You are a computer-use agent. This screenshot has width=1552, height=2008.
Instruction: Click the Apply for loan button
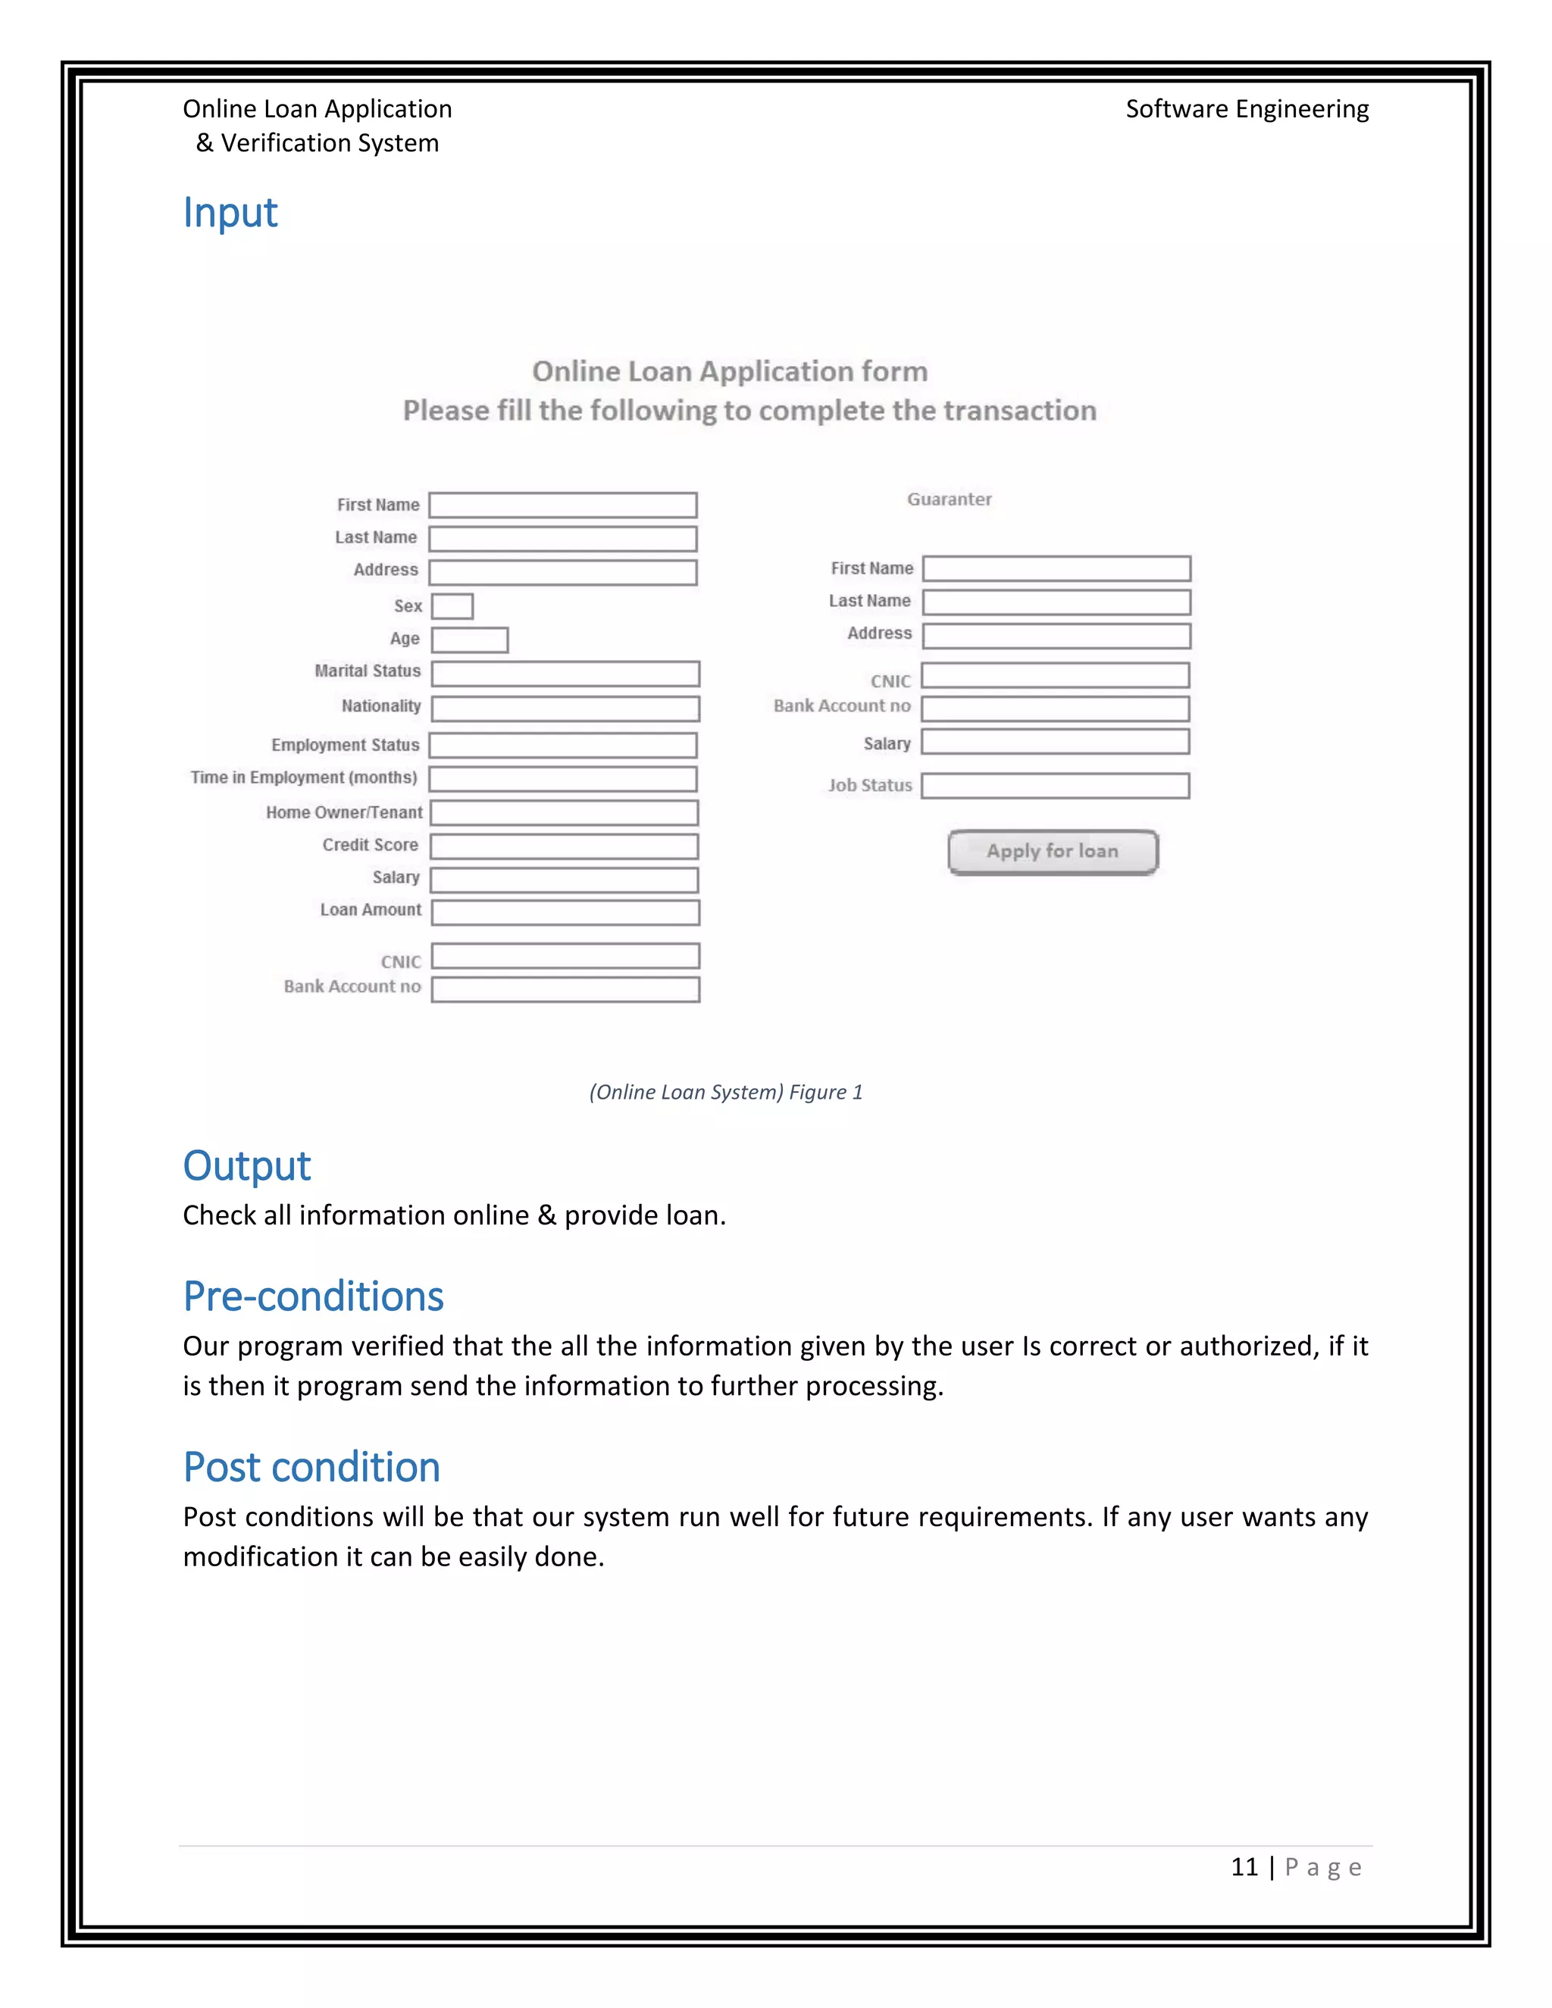pos(1053,852)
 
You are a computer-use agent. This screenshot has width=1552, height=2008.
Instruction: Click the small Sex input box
pos(452,606)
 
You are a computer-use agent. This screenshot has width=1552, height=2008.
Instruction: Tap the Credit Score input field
pos(565,846)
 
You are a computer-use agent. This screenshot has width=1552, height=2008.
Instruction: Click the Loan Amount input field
pos(565,912)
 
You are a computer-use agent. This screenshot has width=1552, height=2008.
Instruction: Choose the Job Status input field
pos(1056,786)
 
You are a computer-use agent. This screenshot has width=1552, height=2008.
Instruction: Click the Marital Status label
pos(367,671)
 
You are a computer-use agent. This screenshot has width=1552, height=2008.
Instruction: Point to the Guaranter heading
pos(949,499)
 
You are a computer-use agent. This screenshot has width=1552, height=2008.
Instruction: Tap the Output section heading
pos(246,1166)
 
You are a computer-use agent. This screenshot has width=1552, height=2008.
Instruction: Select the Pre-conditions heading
pos(313,1296)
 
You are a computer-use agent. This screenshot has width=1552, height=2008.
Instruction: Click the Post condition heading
pos(311,1468)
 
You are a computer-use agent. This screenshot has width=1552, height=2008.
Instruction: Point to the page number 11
pos(1244,1866)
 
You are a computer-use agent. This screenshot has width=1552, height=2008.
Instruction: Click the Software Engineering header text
pos(1247,109)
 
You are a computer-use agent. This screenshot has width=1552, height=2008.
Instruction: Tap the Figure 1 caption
pos(725,1092)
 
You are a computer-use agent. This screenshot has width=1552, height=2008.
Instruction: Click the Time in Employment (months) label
pos(303,778)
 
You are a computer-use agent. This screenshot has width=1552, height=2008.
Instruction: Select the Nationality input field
pos(565,708)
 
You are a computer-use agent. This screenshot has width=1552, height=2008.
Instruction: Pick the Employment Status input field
pos(563,745)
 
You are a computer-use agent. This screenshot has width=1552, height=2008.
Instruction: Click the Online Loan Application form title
pos(729,371)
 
